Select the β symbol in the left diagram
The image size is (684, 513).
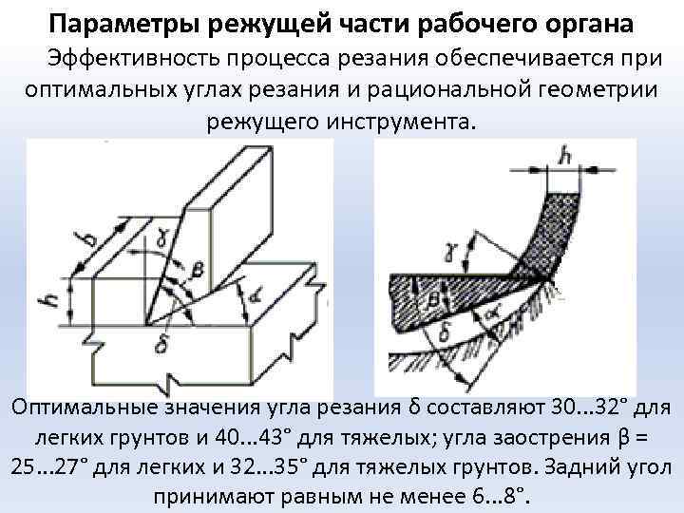[x=198, y=274]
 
